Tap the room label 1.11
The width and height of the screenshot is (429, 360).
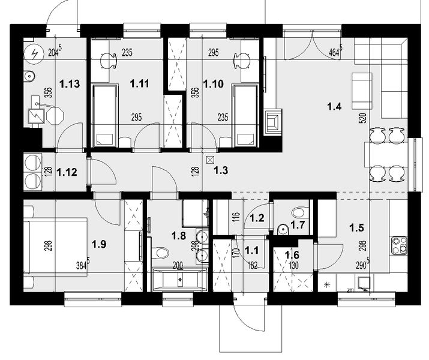pos(140,85)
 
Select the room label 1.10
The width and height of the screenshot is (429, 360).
pos(214,85)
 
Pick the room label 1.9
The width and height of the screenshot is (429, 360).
pos(99,244)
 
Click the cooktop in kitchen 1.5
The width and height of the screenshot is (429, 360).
pos(398,245)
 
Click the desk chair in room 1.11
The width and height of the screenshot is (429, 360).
pos(108,59)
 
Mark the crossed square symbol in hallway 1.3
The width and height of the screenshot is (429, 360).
pos(210,160)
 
